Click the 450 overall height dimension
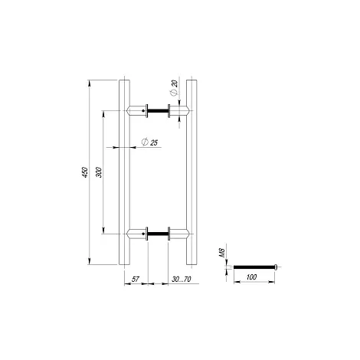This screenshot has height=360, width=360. [85, 172]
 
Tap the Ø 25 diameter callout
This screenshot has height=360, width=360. [149, 142]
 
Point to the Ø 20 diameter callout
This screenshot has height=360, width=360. [174, 88]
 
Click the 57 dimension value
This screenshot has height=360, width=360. [136, 279]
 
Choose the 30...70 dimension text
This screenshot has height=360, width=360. [182, 279]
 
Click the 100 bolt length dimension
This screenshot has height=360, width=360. [251, 277]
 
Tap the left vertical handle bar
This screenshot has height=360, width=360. [124, 172]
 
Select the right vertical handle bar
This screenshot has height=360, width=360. [191, 172]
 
